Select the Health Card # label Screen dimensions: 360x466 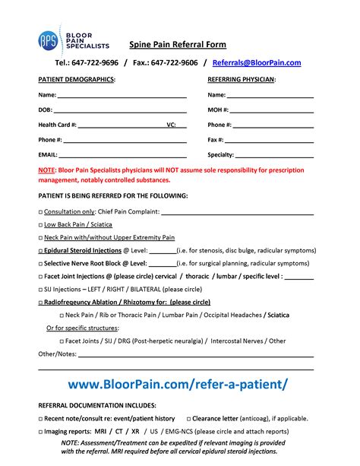tap(57, 125)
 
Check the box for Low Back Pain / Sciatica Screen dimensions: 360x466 tap(41, 224)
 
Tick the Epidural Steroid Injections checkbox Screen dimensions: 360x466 tap(41, 250)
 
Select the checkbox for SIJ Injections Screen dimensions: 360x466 tap(41, 289)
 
